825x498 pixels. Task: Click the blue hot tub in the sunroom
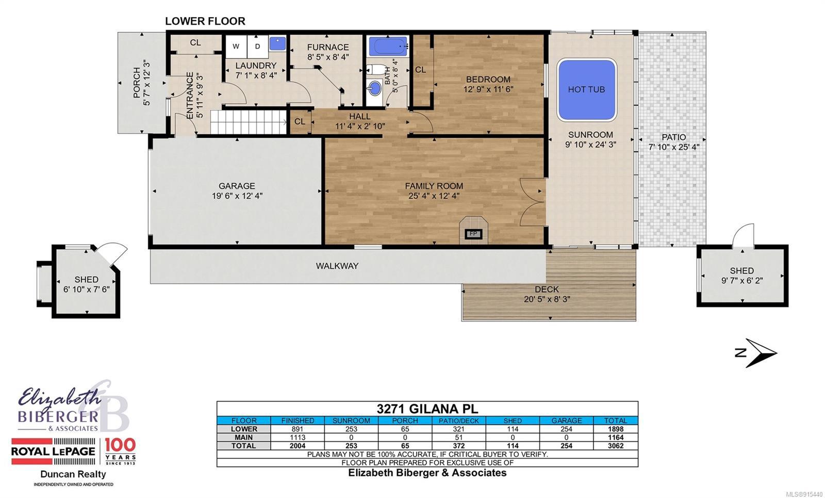tap(586, 90)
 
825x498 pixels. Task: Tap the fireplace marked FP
tap(473, 230)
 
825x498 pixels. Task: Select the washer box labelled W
tap(236, 46)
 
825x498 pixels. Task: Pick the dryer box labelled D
tap(257, 46)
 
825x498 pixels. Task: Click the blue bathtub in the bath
tap(388, 46)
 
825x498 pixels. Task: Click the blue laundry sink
tap(277, 43)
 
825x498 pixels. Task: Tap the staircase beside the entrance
tap(249, 122)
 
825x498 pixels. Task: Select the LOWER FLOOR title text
tap(205, 21)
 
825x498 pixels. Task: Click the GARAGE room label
tap(237, 186)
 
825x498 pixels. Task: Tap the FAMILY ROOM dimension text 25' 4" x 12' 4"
tap(434, 196)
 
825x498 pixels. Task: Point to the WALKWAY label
tap(337, 266)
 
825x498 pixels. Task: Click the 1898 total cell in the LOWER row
tap(616, 429)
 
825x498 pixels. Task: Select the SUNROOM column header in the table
tap(351, 421)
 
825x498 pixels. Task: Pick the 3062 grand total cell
tap(616, 446)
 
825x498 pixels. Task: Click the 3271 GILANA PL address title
tap(427, 409)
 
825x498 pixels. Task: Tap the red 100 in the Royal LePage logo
tap(120, 445)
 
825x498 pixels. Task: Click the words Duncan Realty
tap(73, 474)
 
